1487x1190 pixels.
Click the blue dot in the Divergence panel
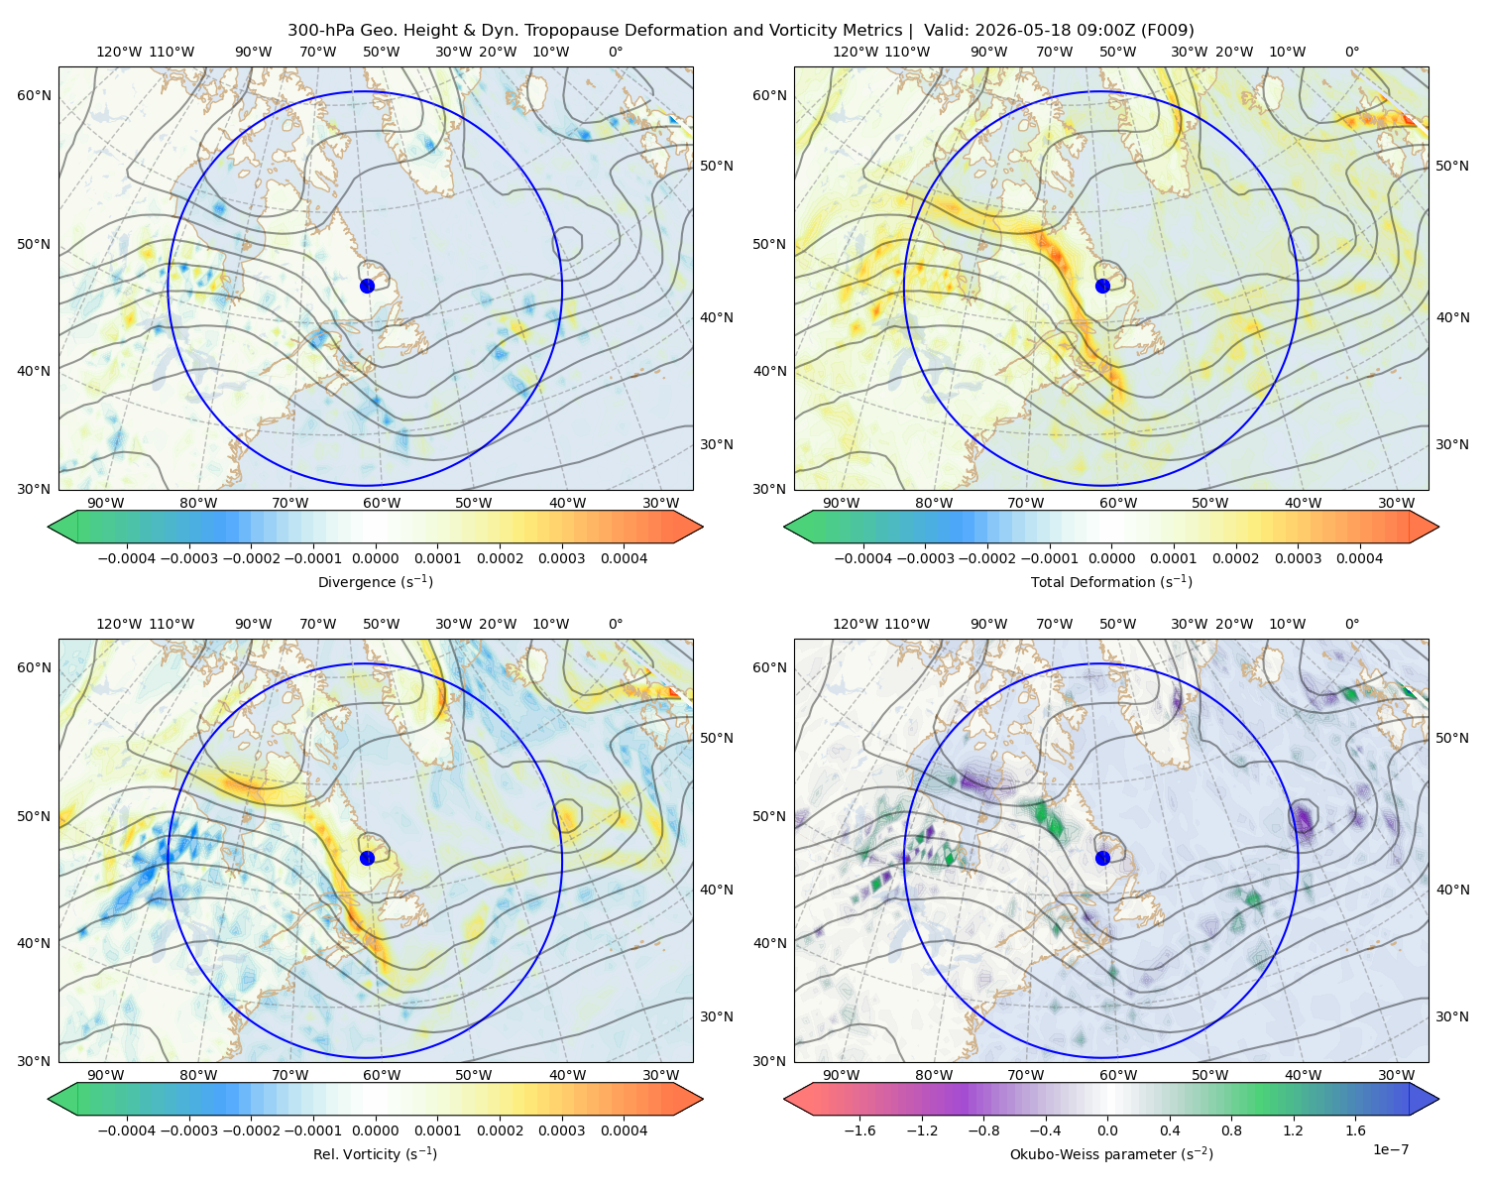coord(367,286)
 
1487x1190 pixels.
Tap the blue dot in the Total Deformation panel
coord(1102,286)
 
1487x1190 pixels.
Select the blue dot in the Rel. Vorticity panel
coord(367,858)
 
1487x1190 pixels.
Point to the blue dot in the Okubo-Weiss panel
coord(1102,858)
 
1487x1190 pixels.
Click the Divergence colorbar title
coord(375,581)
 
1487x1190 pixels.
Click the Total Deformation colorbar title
coord(1111,581)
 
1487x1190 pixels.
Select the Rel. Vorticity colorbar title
coord(375,1153)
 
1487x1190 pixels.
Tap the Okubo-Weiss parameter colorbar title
coord(1111,1153)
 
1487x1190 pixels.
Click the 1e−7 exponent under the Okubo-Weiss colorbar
coord(1390,1149)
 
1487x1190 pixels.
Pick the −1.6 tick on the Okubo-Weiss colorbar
coord(859,1130)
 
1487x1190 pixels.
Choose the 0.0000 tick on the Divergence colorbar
coord(375,558)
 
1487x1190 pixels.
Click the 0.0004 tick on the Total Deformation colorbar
coord(1359,558)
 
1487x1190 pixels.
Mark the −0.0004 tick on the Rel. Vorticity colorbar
coord(127,1130)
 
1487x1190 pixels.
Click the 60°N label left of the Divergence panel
coord(34,95)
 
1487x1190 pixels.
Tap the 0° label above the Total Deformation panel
coord(1351,52)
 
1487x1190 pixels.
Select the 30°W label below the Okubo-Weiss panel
coord(1396,1075)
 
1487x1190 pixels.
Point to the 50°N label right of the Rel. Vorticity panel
coord(717,738)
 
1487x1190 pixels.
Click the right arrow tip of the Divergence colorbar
coord(703,527)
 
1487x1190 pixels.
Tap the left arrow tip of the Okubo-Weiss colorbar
coord(784,1099)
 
